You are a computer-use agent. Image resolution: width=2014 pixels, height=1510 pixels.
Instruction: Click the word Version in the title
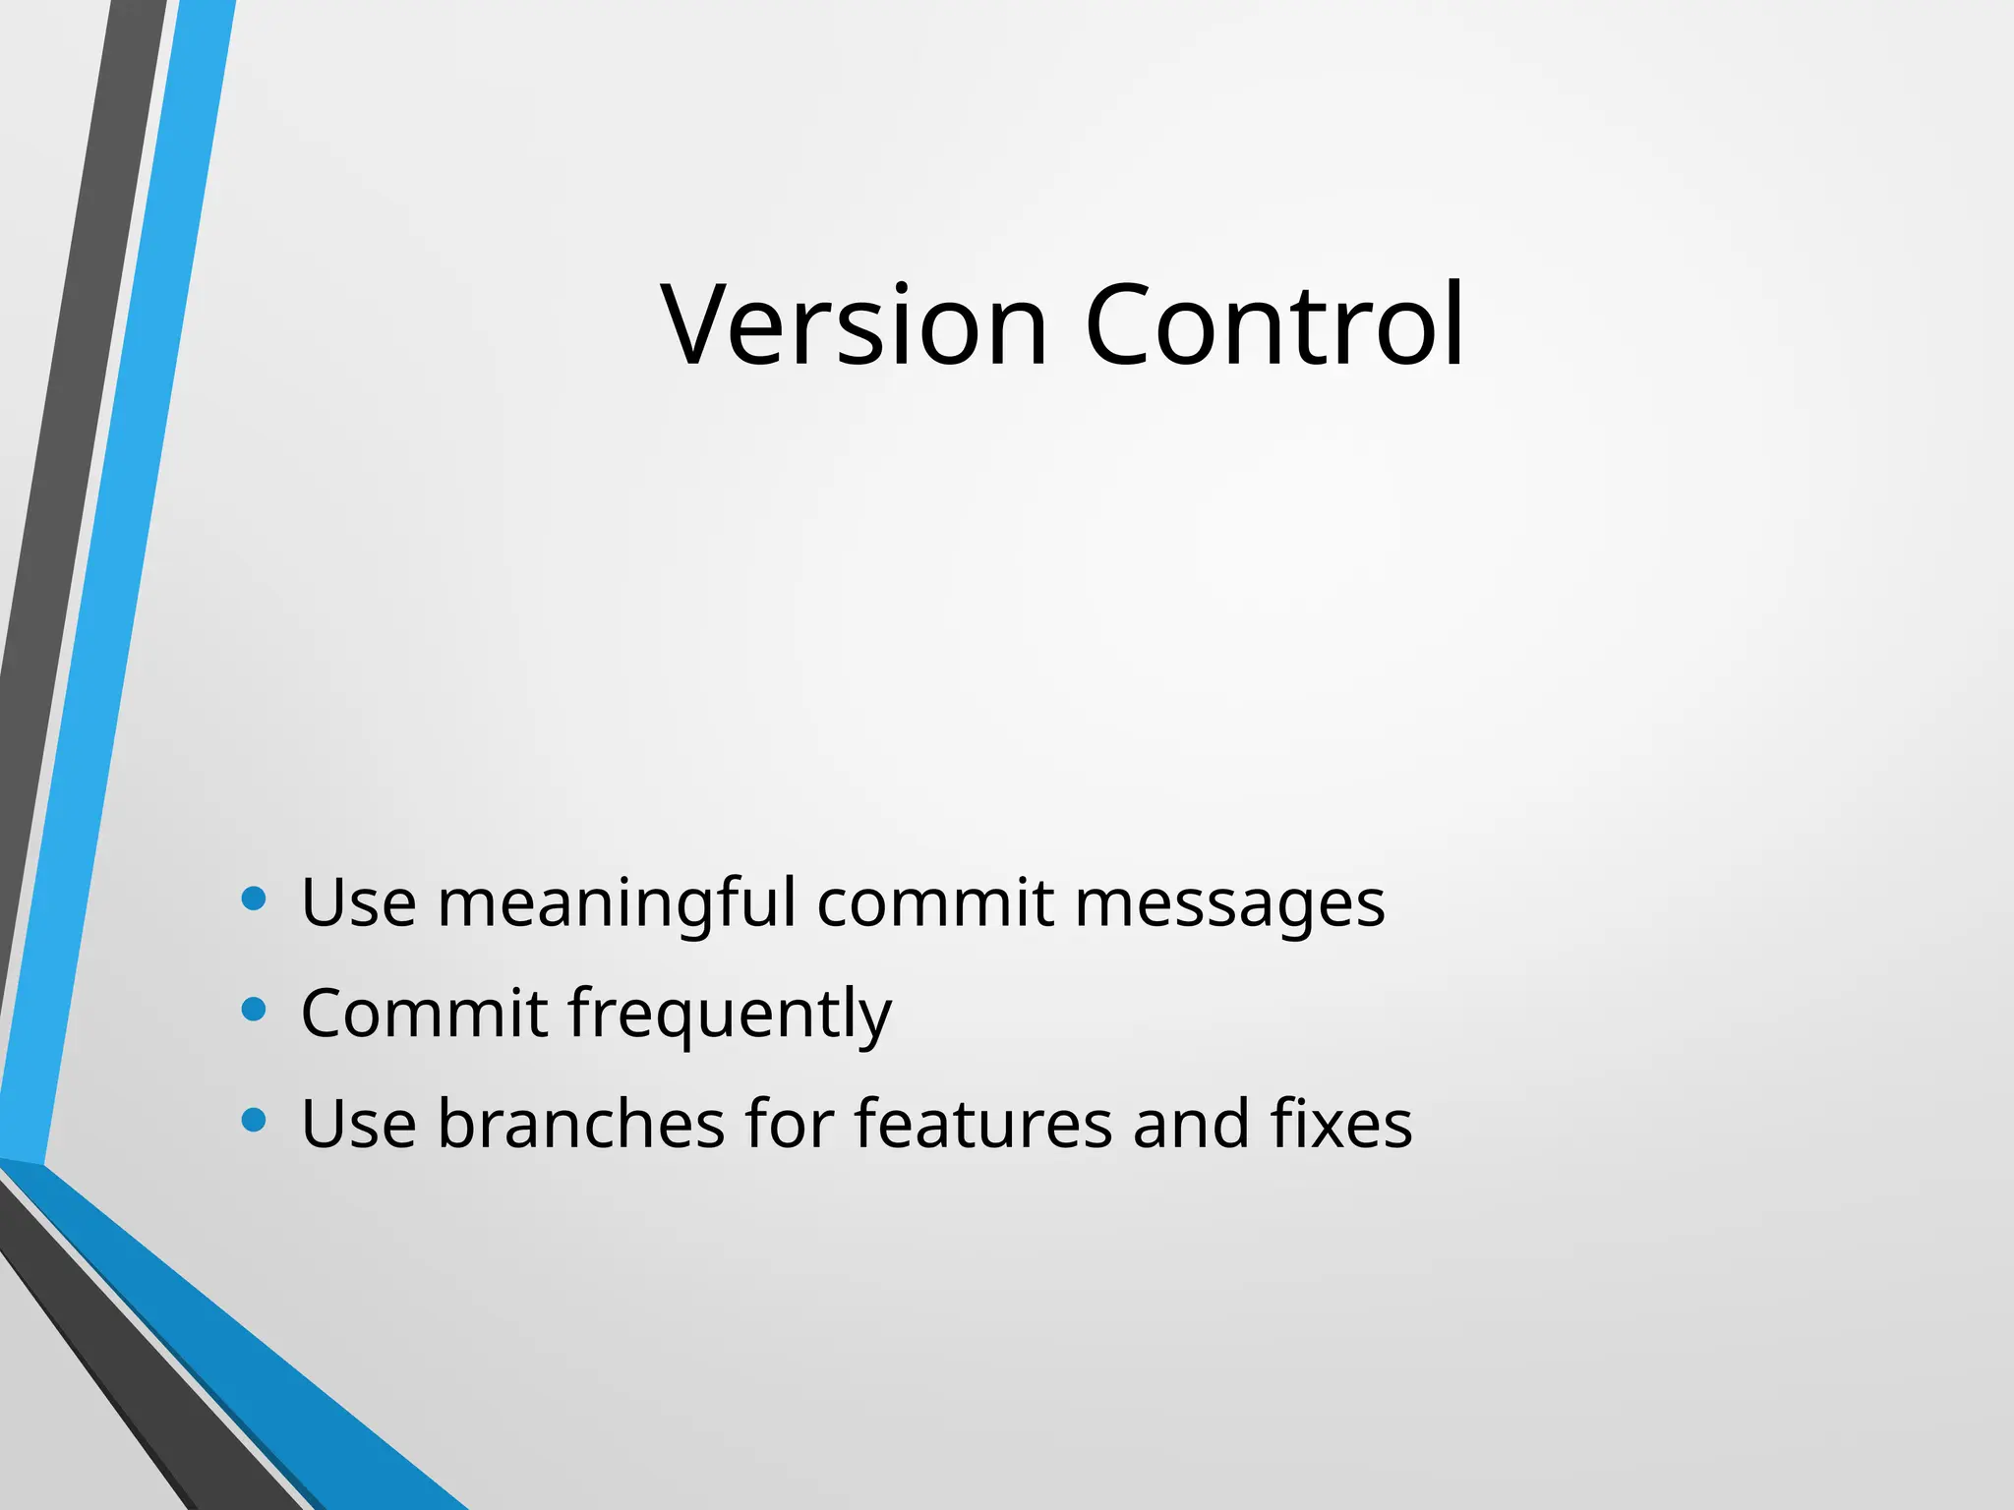pos(854,324)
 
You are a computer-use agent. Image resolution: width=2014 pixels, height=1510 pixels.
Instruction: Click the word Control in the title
pos(1274,324)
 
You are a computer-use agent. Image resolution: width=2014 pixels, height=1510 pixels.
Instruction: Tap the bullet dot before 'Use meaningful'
pos(254,899)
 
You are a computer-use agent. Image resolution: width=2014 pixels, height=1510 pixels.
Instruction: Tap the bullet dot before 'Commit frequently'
pos(254,1010)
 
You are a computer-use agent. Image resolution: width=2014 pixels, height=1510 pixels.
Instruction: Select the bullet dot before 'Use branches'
pos(254,1120)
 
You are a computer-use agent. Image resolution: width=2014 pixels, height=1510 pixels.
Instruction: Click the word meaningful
pos(617,902)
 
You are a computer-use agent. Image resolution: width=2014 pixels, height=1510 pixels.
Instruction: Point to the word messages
pos(1229,902)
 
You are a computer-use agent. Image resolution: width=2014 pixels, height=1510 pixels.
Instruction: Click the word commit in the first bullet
pos(935,902)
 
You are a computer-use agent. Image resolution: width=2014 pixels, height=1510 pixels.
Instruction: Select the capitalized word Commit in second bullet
pos(424,1013)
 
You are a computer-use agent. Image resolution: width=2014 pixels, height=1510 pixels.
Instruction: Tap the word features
pos(983,1123)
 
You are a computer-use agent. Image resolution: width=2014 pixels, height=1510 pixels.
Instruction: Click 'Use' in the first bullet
pos(359,902)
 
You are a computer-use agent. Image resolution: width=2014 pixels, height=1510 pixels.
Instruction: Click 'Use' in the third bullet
pos(359,1123)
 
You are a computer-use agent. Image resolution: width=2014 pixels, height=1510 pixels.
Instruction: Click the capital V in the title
pos(700,324)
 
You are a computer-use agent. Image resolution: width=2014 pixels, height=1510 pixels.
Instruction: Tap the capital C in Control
pos(1119,324)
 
